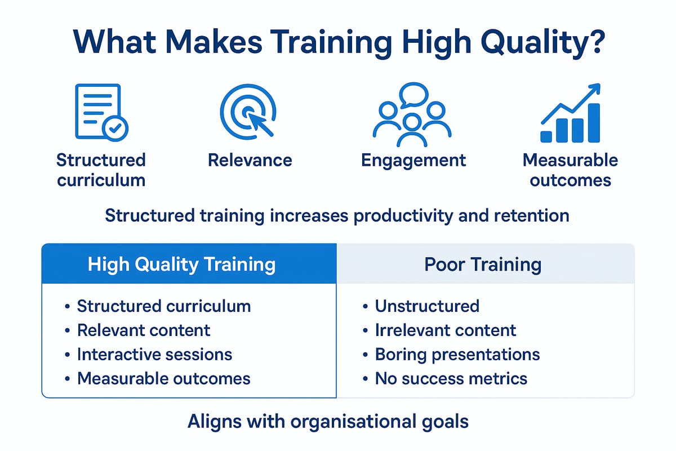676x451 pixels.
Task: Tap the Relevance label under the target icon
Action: [250, 160]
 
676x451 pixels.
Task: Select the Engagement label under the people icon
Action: [413, 160]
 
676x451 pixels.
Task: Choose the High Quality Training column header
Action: [181, 264]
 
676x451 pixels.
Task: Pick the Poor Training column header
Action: [483, 264]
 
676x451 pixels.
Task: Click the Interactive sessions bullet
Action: [154, 354]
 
